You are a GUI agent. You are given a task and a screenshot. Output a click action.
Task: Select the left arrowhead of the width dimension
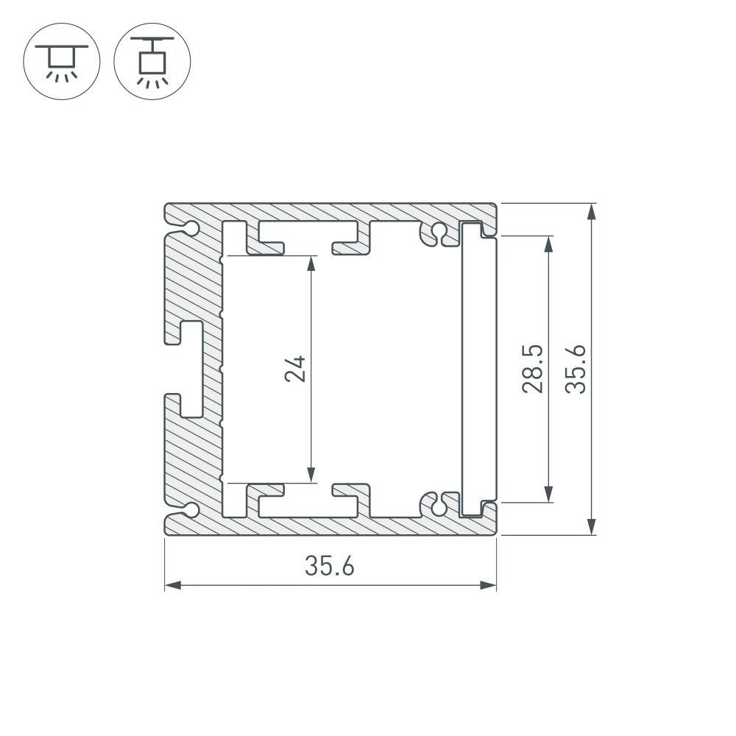click(x=171, y=586)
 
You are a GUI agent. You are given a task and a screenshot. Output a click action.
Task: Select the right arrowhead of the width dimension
click(x=488, y=586)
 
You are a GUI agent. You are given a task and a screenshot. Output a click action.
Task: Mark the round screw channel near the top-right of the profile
click(x=439, y=232)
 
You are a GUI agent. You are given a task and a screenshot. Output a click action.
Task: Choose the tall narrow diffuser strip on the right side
click(x=471, y=369)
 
